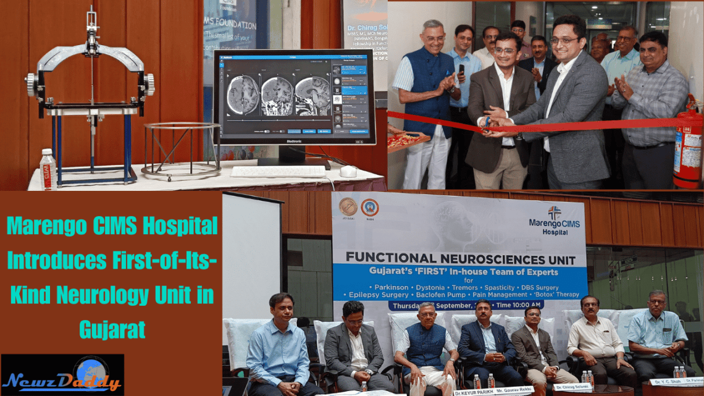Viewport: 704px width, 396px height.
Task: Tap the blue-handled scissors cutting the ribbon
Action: point(487,122)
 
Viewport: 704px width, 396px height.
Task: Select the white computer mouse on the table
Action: point(348,171)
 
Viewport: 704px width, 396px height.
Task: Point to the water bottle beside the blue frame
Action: point(48,169)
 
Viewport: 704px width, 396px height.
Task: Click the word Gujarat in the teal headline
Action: point(112,329)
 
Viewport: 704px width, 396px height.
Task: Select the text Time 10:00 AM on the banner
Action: point(518,305)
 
